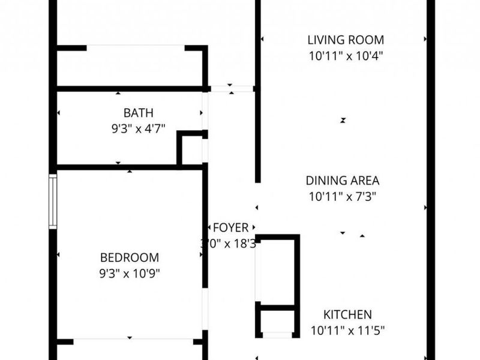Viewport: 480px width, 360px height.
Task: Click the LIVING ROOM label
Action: (345, 41)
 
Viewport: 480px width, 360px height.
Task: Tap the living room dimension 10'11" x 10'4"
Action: (345, 56)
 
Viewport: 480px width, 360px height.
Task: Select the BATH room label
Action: (138, 112)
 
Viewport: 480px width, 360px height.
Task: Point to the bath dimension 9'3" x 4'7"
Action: (138, 127)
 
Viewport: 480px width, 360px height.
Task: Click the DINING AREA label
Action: (343, 181)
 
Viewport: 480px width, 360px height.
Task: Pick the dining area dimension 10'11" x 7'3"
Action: (343, 196)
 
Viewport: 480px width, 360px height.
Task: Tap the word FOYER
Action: (230, 228)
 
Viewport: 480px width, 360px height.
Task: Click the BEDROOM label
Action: (130, 258)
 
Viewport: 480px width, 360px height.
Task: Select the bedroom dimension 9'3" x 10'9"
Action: (130, 273)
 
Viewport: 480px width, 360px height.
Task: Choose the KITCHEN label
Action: (347, 314)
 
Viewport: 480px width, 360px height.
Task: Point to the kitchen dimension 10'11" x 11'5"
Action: (347, 329)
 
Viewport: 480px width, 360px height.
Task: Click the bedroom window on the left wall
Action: (53, 201)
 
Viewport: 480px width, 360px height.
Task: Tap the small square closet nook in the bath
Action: (192, 150)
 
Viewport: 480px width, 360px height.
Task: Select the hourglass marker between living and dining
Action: (343, 120)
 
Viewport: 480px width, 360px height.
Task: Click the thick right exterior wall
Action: (430, 180)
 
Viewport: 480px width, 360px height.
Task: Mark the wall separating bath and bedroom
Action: (129, 167)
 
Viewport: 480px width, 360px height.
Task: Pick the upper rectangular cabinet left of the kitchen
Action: (277, 270)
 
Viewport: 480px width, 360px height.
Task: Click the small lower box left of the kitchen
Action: (277, 321)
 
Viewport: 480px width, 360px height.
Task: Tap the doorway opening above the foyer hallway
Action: (232, 89)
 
